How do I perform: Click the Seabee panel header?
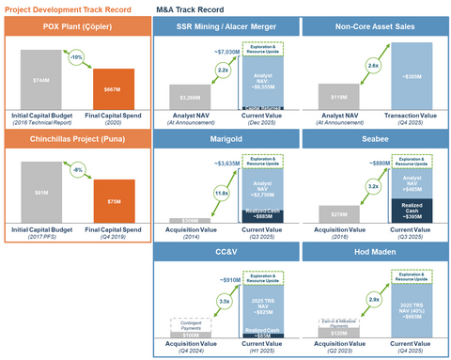374,137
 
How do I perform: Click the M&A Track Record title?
197,8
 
